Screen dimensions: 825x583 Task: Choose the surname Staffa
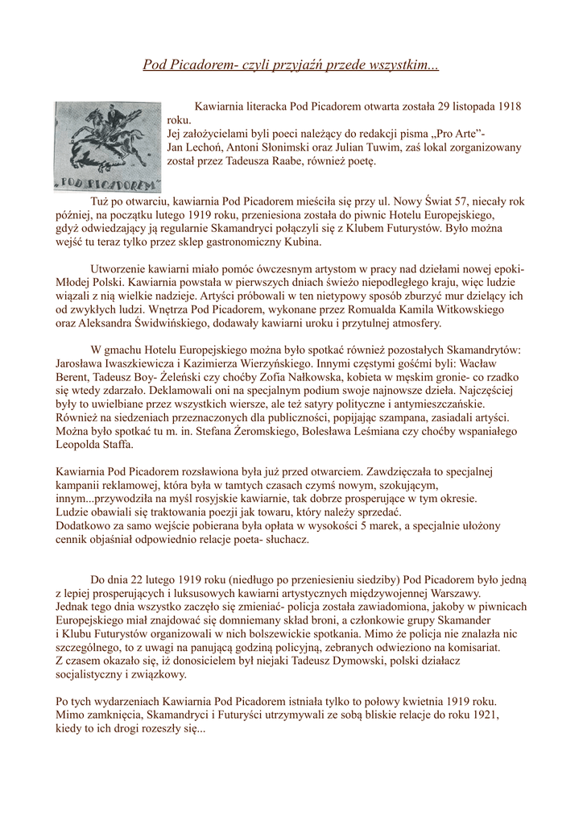[x=118, y=446]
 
